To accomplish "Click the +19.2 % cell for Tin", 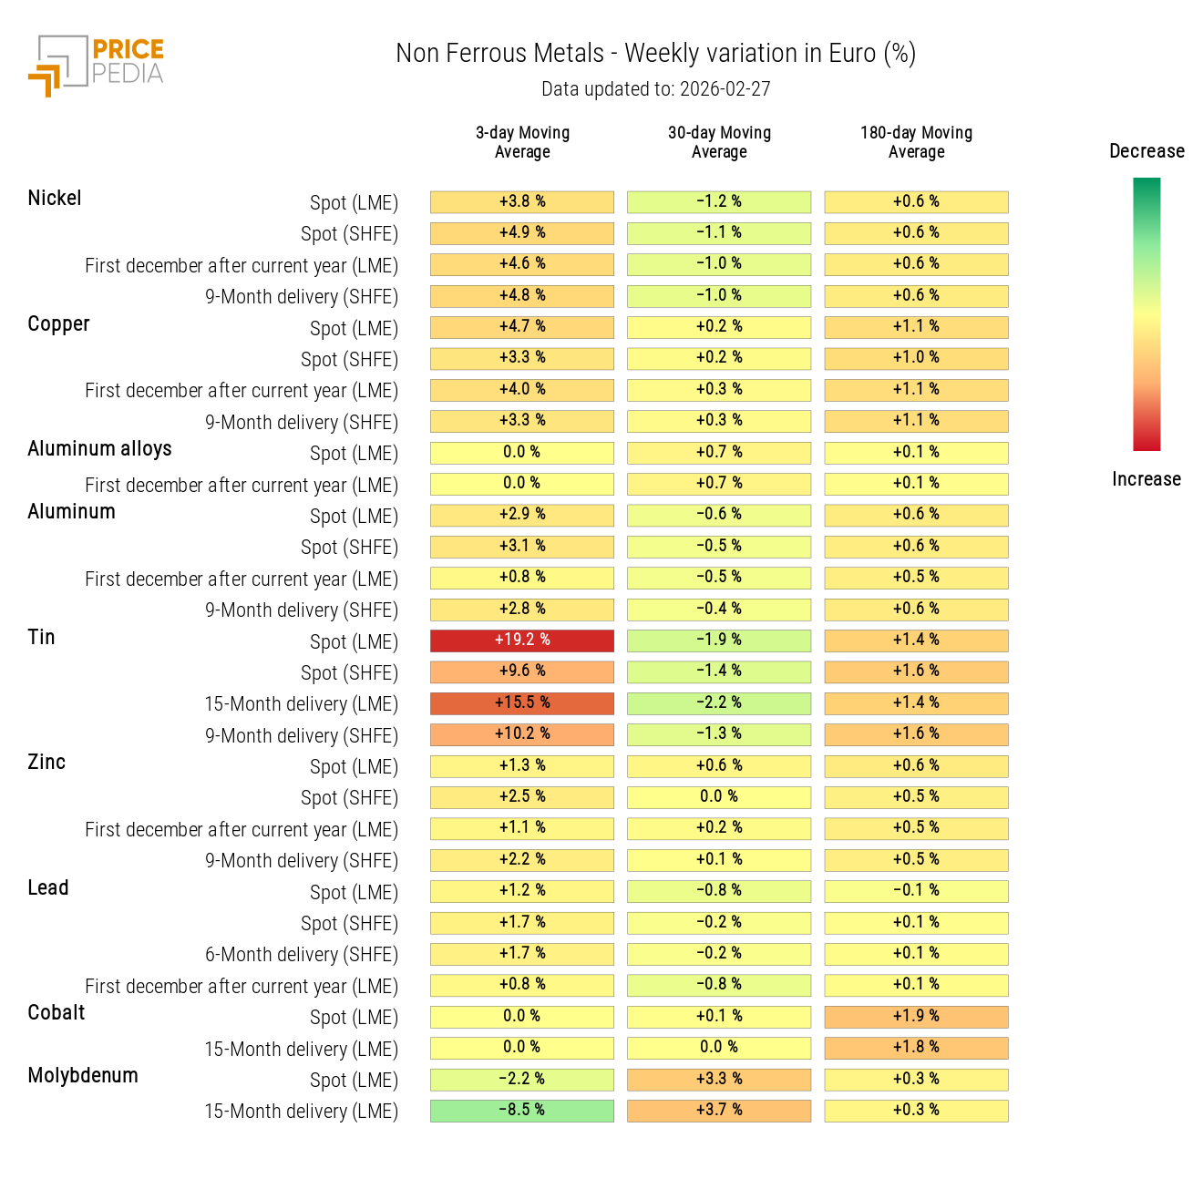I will point(522,641).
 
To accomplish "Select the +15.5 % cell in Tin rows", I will point(522,703).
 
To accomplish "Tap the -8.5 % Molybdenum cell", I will point(522,1111).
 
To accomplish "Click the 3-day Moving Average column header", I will point(522,142).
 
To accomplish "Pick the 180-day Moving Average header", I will point(916,142).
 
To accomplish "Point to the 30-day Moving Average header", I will point(719,142).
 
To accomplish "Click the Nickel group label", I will point(55,199).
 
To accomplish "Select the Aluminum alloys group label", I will point(99,449).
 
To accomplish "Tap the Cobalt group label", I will point(57,1013).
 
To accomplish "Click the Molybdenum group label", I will point(83,1076).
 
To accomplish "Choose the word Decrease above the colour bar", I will point(1146,151).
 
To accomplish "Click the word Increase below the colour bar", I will point(1146,479).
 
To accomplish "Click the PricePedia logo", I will point(97,65).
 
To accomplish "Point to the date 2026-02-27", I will point(725,89).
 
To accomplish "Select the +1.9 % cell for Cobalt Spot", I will point(916,1017).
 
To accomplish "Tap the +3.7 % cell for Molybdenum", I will point(719,1111).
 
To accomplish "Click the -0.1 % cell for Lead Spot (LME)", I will point(916,891).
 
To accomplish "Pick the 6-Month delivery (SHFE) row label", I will point(302,955).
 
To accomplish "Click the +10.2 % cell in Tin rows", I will point(522,734).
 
